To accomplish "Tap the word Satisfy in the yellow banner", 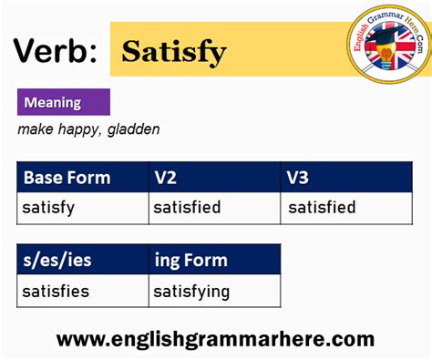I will pyautogui.click(x=174, y=51).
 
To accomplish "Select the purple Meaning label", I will pyautogui.click(x=63, y=102).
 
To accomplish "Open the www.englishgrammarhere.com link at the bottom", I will pyautogui.click(x=215, y=339).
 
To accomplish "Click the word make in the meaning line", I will pyautogui.click(x=36, y=129).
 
